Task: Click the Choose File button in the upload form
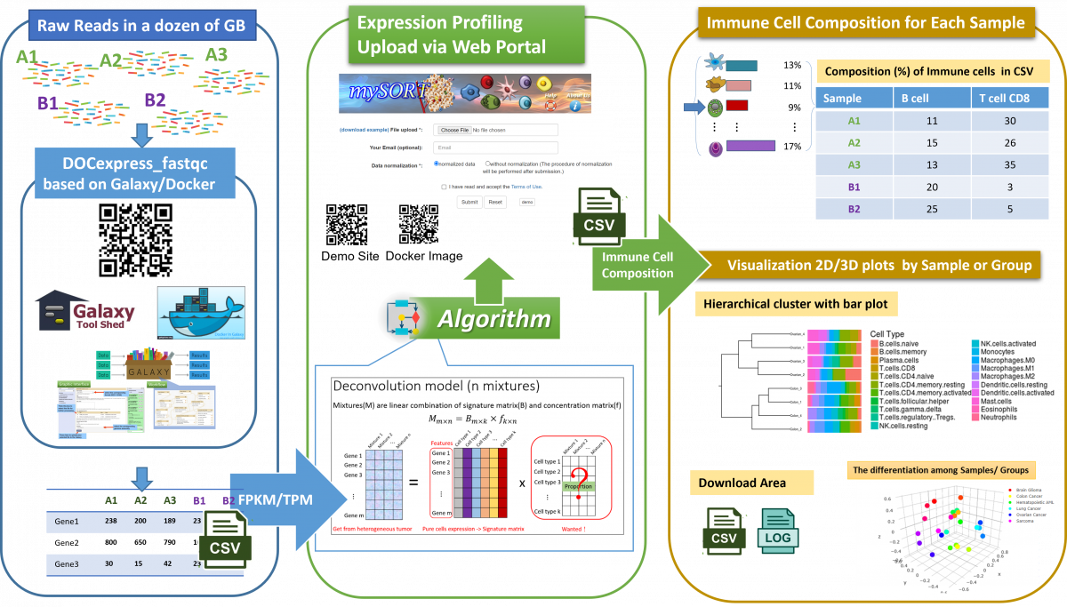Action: pos(454,130)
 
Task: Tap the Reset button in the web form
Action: pos(495,202)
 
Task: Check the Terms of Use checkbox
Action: pos(445,187)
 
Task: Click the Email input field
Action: pos(495,148)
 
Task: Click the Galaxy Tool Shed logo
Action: pos(85,311)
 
